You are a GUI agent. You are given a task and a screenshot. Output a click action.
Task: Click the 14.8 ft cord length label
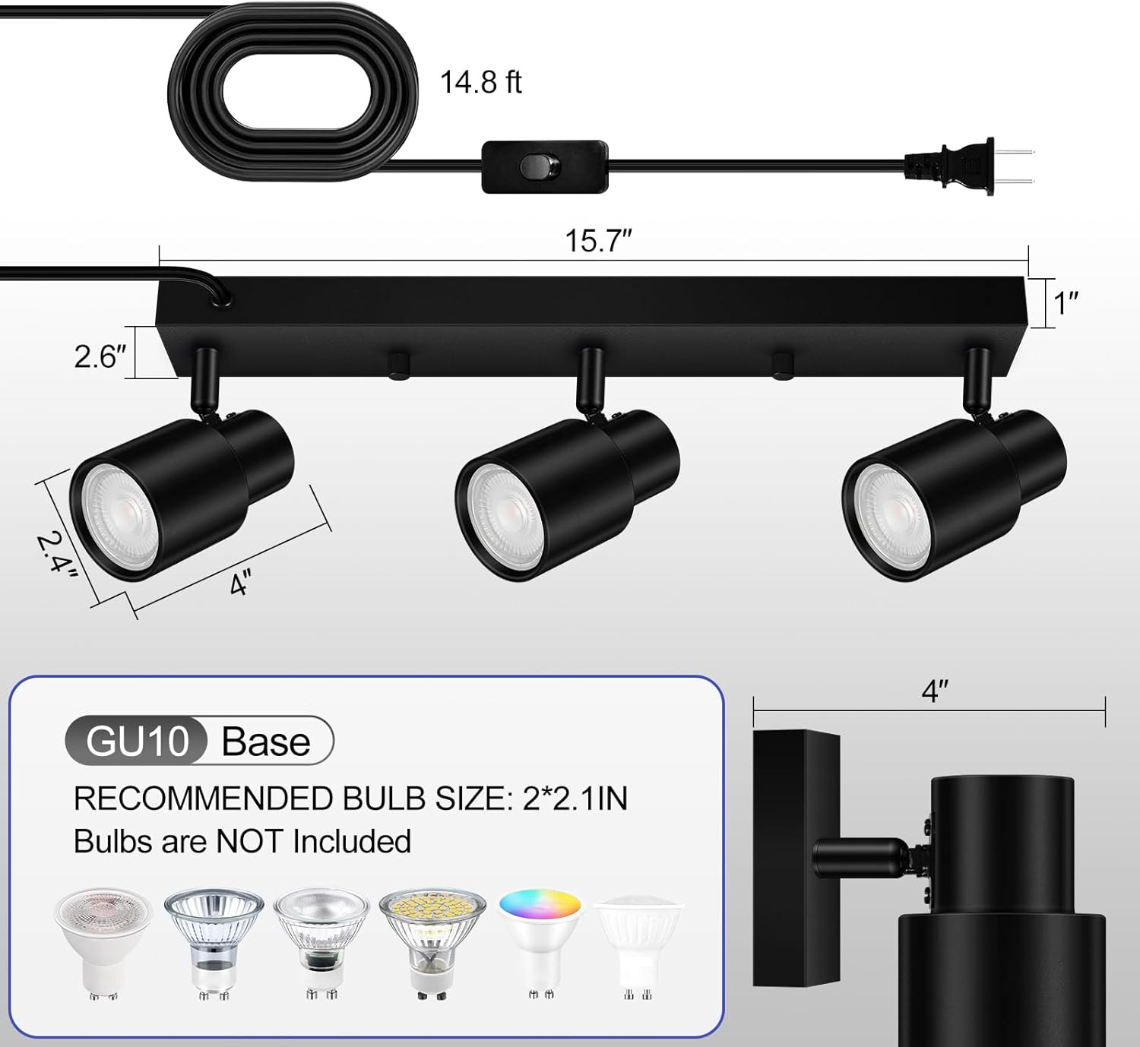point(480,82)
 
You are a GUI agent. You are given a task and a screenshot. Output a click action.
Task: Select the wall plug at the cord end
point(958,167)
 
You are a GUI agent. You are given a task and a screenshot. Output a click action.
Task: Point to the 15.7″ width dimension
point(598,241)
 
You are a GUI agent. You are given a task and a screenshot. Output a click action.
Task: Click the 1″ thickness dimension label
point(1066,302)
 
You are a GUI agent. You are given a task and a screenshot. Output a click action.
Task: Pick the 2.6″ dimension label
point(100,356)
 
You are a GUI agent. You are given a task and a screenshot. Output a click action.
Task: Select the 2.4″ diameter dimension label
point(57,555)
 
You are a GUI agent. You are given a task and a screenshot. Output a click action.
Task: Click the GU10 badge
point(138,741)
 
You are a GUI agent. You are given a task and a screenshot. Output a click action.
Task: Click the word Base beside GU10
point(266,742)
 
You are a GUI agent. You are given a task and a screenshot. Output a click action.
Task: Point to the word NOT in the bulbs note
point(250,842)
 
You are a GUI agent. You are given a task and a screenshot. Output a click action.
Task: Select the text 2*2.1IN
point(575,799)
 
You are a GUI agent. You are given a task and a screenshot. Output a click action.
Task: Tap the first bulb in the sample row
point(103,942)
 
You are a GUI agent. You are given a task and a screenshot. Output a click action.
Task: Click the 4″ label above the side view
point(934,691)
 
